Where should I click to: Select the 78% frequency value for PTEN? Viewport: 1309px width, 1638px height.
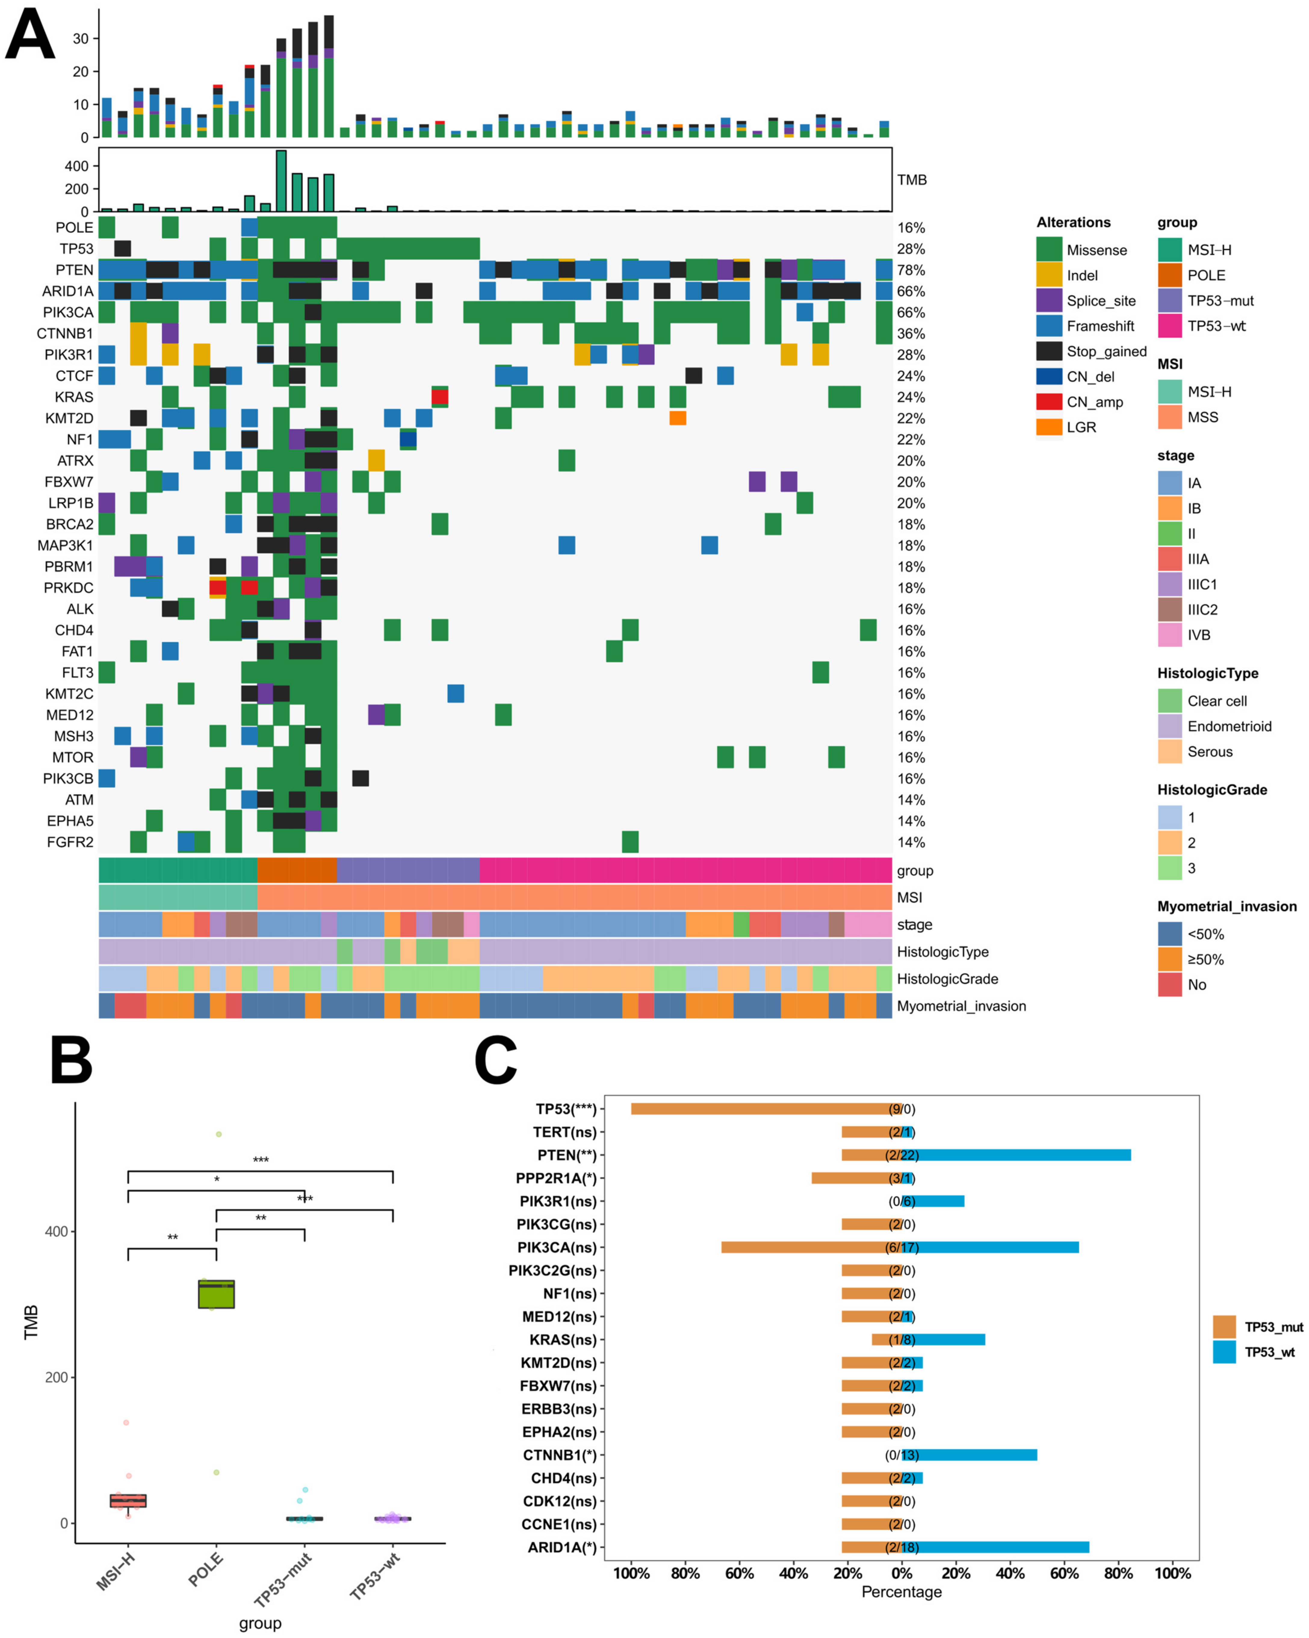point(910,271)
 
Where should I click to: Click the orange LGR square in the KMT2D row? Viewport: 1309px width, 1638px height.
point(678,418)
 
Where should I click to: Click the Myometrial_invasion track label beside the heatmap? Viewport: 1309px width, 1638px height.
point(961,1006)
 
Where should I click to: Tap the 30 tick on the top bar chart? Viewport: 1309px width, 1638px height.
point(81,39)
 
